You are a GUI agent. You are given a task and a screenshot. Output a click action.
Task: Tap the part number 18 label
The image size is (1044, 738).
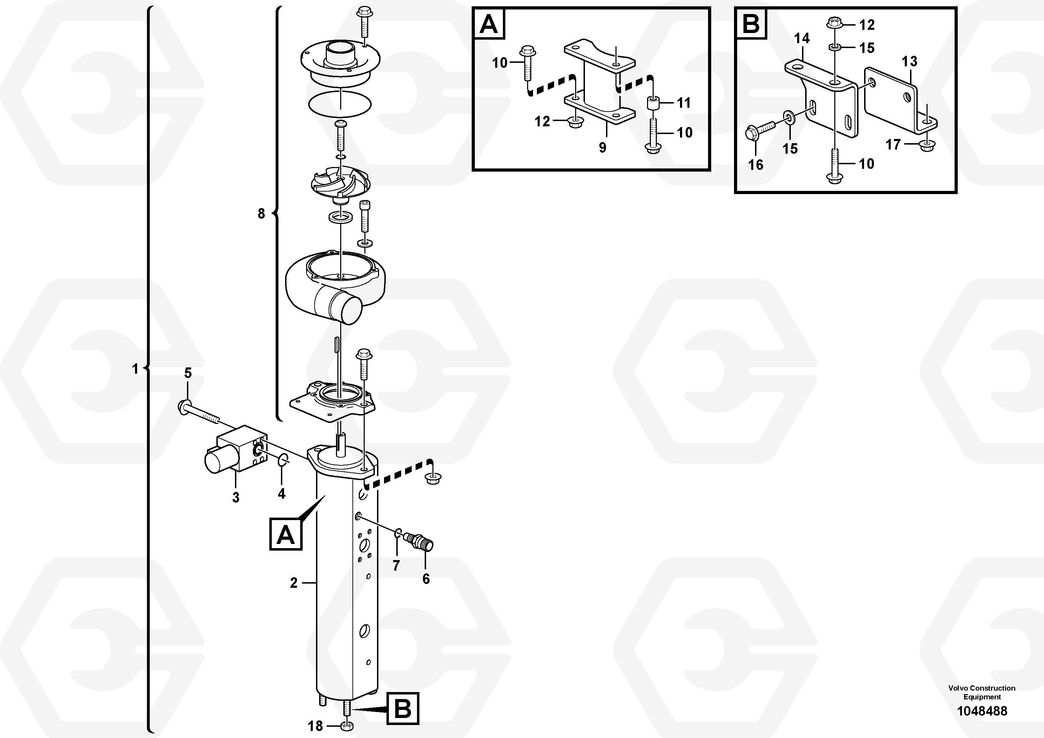(x=315, y=726)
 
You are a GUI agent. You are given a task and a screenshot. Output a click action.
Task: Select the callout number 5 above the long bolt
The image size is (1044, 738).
(x=188, y=373)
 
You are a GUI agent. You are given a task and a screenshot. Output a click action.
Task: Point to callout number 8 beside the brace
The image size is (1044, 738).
(x=261, y=213)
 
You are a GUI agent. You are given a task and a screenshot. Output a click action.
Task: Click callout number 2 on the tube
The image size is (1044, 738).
(x=294, y=583)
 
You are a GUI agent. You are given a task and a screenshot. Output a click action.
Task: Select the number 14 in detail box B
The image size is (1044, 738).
(x=802, y=38)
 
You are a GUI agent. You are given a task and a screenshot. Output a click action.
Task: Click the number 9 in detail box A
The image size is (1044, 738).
(x=602, y=147)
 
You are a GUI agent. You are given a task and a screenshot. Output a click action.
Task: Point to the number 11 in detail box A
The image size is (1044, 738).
(x=683, y=103)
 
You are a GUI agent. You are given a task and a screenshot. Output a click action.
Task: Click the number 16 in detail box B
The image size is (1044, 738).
(x=756, y=165)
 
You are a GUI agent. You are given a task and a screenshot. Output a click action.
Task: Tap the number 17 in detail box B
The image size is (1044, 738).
(x=893, y=145)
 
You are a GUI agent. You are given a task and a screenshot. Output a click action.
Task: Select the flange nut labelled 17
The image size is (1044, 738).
(x=926, y=146)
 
